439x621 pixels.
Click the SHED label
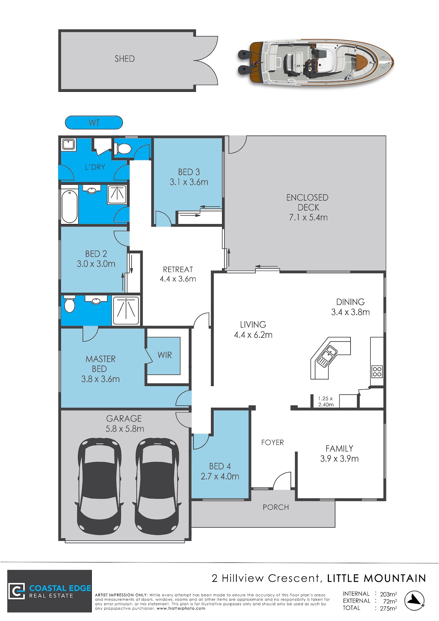click(x=125, y=59)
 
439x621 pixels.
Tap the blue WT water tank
click(x=94, y=123)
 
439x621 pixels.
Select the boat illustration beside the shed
click(x=316, y=62)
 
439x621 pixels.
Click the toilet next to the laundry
click(x=123, y=149)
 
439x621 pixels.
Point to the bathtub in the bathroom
click(x=69, y=206)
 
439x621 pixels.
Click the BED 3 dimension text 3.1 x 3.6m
click(x=189, y=182)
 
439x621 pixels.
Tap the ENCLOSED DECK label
click(x=308, y=202)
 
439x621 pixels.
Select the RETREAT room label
click(x=178, y=269)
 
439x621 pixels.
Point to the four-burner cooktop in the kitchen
click(x=377, y=372)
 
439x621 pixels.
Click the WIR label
click(x=165, y=355)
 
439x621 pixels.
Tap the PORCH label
click(x=276, y=507)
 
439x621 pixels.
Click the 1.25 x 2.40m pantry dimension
click(x=326, y=401)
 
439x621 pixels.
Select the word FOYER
click(x=273, y=442)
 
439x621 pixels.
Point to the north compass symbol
click(x=414, y=601)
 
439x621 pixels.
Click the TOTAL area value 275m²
click(x=388, y=608)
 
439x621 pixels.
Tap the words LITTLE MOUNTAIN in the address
click(x=376, y=578)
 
